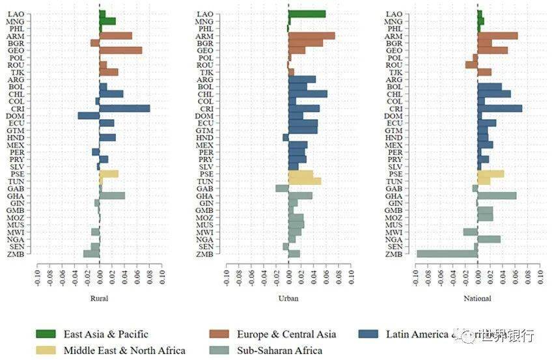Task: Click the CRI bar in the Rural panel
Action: tap(124, 109)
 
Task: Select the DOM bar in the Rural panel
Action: tap(89, 116)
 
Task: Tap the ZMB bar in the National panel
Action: tap(447, 254)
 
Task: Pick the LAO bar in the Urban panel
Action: tap(307, 14)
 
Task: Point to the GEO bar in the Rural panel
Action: tap(120, 50)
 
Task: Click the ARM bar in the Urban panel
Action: tap(311, 36)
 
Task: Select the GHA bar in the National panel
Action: tap(497, 195)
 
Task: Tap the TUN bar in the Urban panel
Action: tap(304, 181)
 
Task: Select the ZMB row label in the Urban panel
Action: tap(206, 254)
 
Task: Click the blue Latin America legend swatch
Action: tap(368, 334)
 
